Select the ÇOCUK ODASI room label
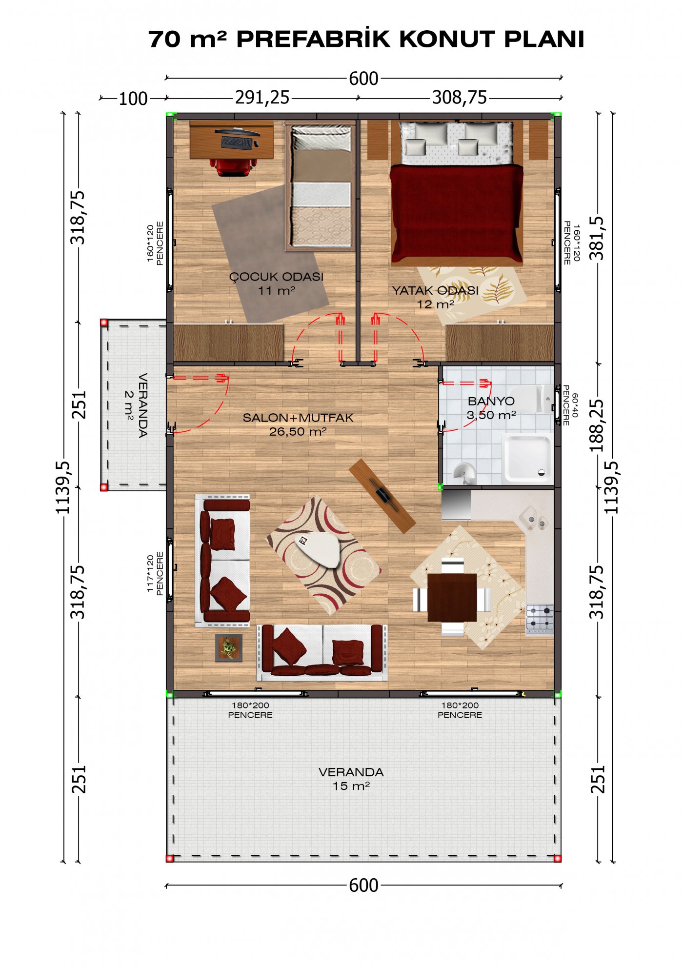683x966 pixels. [x=277, y=283]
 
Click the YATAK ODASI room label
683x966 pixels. [x=435, y=297]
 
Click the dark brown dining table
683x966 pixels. [x=452, y=597]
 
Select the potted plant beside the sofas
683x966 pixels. [x=229, y=648]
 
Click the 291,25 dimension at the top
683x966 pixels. [x=262, y=98]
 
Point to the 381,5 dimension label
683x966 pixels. [x=597, y=238]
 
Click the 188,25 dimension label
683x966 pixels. [x=597, y=425]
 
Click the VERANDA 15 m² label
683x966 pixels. [x=351, y=779]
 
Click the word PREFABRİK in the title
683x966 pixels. [x=314, y=39]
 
